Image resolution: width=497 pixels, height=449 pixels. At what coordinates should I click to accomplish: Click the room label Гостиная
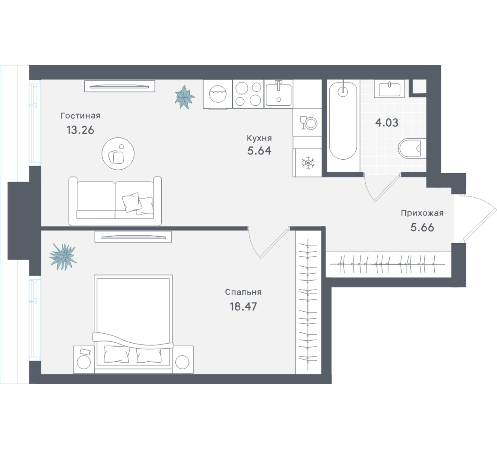(x=80, y=116)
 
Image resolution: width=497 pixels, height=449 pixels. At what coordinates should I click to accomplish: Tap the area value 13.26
(x=80, y=130)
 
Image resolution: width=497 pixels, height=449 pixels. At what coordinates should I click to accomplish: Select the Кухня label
(x=259, y=139)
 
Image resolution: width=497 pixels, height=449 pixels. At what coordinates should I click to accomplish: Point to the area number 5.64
(x=259, y=151)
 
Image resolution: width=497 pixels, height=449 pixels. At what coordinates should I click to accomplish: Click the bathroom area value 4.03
(x=387, y=123)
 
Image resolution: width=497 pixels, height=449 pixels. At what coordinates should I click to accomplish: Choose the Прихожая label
(x=422, y=213)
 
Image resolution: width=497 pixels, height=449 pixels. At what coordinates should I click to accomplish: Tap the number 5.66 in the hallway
(x=422, y=228)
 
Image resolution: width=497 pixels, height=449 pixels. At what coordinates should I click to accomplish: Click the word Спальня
(x=243, y=292)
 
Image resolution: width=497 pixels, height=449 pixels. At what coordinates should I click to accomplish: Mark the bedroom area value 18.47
(x=243, y=307)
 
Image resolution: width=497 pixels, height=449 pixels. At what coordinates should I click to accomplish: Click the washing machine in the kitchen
(x=218, y=94)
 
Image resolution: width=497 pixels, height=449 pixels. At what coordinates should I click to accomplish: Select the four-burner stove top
(x=248, y=94)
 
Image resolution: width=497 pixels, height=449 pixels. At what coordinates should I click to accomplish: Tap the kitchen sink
(x=278, y=94)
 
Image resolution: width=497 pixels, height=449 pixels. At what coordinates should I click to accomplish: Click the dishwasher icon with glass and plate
(x=308, y=123)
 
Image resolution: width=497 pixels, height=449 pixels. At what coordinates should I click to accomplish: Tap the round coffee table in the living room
(x=118, y=154)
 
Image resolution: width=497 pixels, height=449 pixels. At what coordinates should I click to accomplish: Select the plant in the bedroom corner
(x=64, y=257)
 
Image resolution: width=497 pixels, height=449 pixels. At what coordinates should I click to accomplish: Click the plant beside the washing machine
(x=185, y=97)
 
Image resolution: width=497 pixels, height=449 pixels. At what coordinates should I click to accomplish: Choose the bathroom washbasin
(x=389, y=89)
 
